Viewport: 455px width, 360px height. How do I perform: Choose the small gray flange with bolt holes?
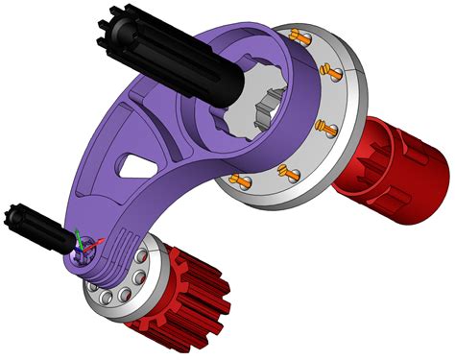[x=125, y=288]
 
